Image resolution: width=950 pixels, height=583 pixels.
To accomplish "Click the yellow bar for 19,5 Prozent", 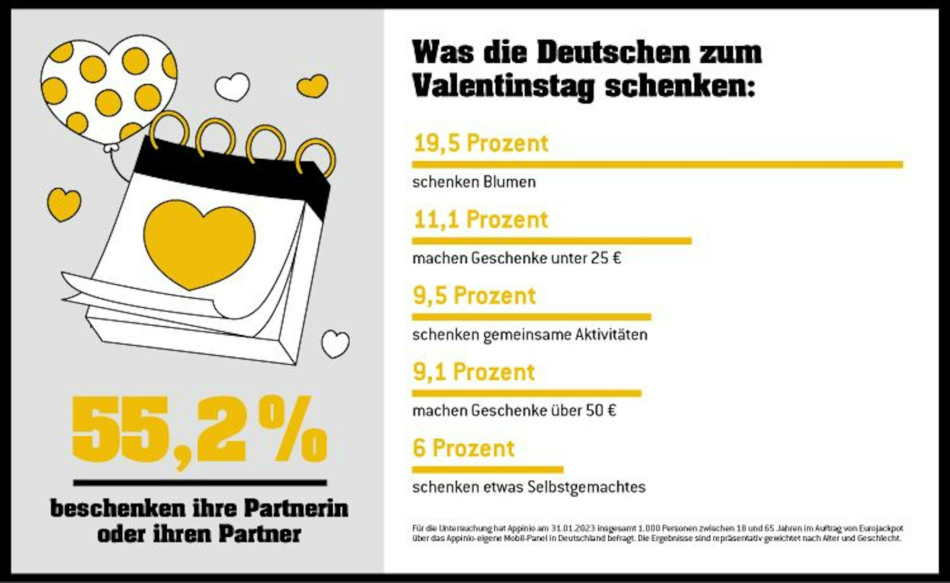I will pos(657,165).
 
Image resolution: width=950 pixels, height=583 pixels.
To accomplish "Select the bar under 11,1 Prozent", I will pos(551,241).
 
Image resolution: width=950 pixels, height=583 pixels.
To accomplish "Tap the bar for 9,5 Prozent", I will pos(531,317).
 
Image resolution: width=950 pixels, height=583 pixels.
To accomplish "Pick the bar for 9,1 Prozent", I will pos(526,393).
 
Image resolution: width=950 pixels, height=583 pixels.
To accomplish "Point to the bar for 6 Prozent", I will pos(487,470).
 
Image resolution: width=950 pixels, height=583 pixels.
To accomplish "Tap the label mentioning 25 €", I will pos(516,258).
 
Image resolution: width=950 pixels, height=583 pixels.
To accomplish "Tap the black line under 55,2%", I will pos(200,483).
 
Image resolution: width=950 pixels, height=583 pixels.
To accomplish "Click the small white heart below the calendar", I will pos(335,343).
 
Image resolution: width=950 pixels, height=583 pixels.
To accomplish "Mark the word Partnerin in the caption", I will pos(296,509).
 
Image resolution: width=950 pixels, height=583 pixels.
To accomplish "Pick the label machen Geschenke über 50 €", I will pos(514,411).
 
